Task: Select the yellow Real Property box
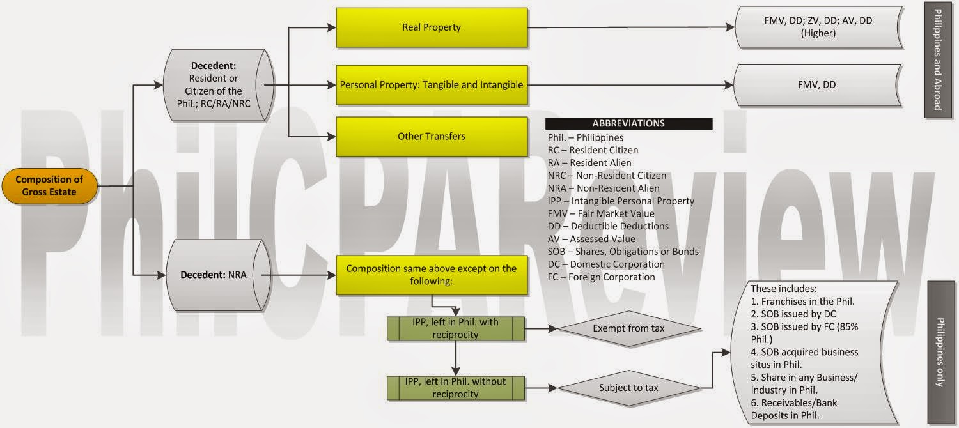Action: pyautogui.click(x=432, y=27)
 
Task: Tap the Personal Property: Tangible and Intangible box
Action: pyautogui.click(x=432, y=84)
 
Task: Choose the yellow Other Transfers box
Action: pyautogui.click(x=432, y=136)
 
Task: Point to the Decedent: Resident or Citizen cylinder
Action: pyautogui.click(x=217, y=85)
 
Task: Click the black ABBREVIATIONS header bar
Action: pyautogui.click(x=628, y=123)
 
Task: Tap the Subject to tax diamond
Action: pyautogui.click(x=628, y=388)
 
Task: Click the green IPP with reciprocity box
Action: pyautogui.click(x=456, y=329)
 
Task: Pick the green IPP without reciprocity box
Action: pyautogui.click(x=456, y=388)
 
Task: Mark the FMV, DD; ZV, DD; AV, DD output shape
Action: pyautogui.click(x=818, y=27)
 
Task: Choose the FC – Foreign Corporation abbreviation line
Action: pyautogui.click(x=601, y=277)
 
